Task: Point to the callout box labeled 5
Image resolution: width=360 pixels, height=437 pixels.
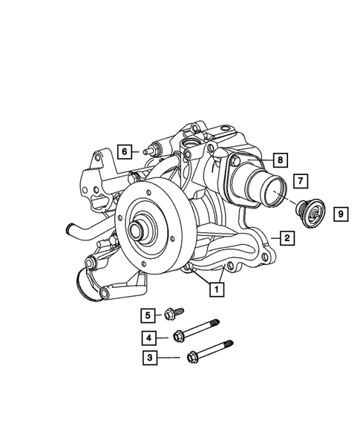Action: (148, 315)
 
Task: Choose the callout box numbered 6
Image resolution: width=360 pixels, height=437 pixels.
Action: (125, 151)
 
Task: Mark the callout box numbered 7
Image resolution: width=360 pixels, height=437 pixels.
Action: (301, 180)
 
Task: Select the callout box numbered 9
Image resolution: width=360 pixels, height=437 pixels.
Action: (340, 214)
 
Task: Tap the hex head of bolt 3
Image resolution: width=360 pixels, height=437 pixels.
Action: (193, 356)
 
